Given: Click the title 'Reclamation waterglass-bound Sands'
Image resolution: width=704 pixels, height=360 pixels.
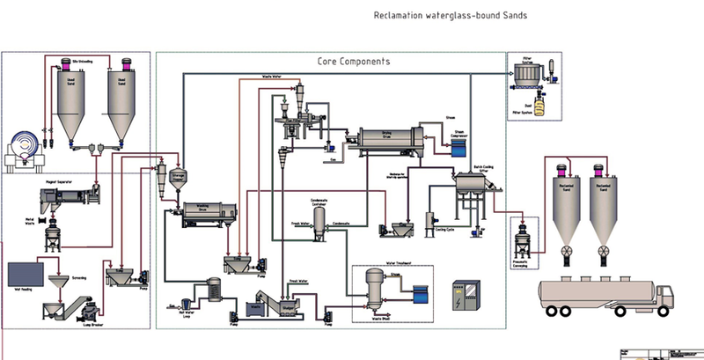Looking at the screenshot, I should [451, 16].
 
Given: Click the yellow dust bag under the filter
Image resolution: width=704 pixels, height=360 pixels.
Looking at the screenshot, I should [529, 107].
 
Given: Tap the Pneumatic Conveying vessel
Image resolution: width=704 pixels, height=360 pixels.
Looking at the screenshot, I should [520, 238].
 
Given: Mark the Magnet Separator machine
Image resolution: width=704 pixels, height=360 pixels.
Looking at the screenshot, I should [62, 200].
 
